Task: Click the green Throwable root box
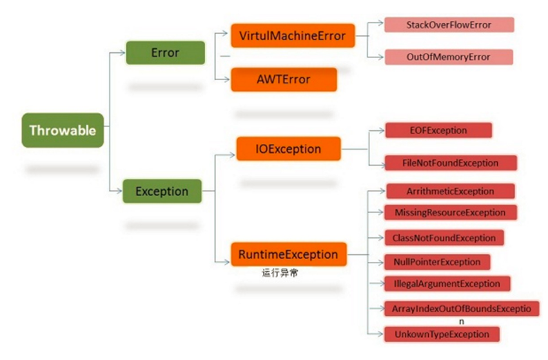click(63, 130)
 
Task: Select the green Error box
click(165, 52)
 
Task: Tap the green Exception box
click(162, 192)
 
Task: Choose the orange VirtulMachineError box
click(293, 35)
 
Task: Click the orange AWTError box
click(283, 79)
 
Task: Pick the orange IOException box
click(288, 149)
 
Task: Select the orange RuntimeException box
click(289, 254)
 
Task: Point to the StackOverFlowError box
click(449, 25)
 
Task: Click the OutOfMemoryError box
click(449, 57)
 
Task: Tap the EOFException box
click(438, 130)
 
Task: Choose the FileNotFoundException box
click(451, 163)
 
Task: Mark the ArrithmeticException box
click(449, 191)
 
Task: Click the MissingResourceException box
click(450, 212)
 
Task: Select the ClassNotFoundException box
click(444, 237)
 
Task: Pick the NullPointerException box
click(437, 262)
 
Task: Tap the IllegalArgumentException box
click(447, 283)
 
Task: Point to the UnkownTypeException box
click(442, 334)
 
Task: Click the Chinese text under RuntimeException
click(279, 273)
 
